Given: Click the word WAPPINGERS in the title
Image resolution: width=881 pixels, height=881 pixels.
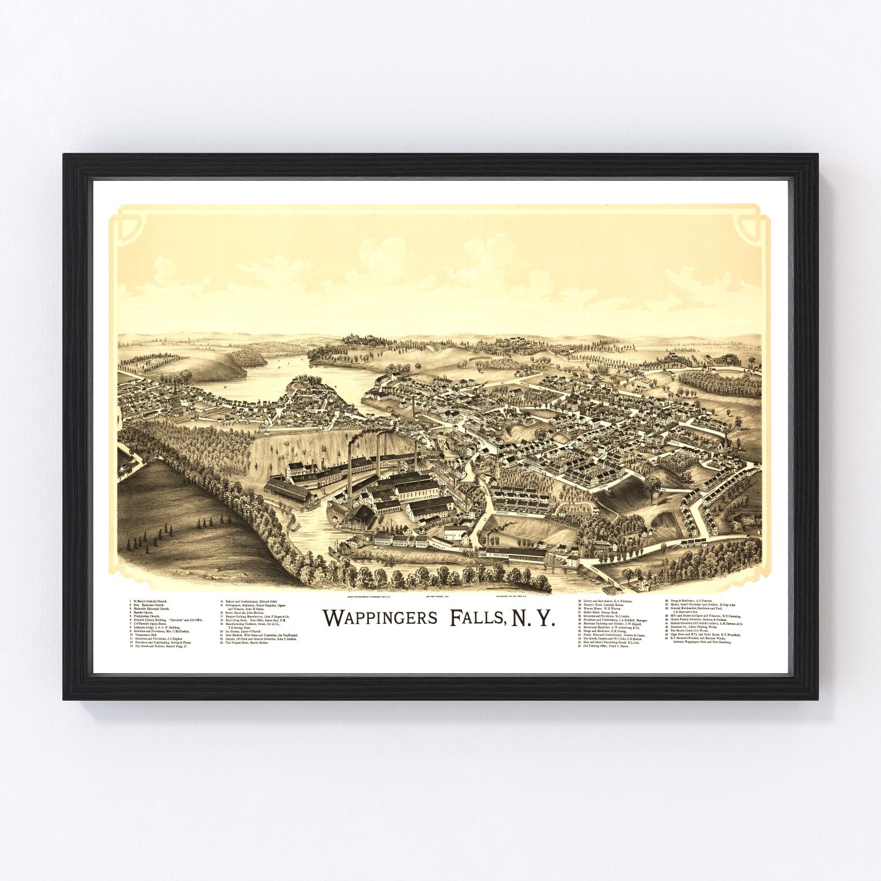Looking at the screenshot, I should click(x=380, y=618).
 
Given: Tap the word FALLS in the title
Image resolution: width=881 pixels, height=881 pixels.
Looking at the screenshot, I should click(x=476, y=618).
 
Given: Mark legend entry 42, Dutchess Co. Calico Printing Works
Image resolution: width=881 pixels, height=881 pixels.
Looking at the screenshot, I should click(x=694, y=627).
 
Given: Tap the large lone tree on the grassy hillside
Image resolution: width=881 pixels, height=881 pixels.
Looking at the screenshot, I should click(x=652, y=485).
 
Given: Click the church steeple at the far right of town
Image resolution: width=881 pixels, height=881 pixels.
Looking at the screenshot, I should click(x=728, y=432).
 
